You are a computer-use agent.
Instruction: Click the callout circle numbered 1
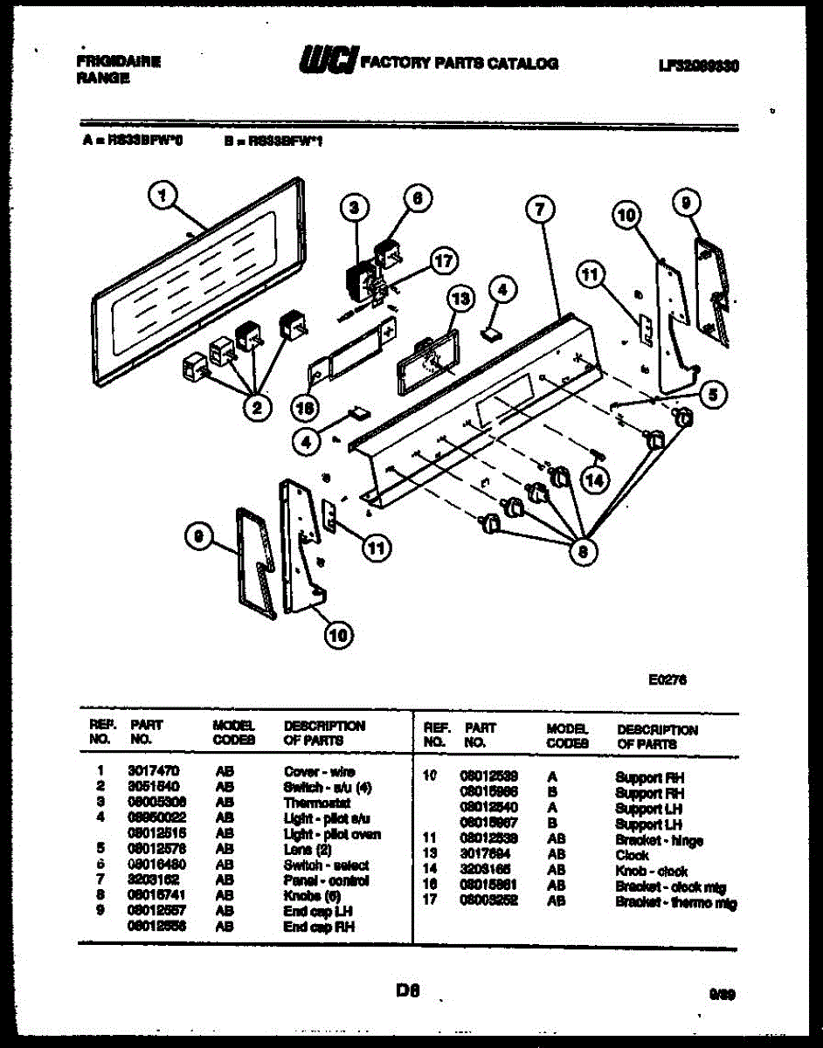coord(161,200)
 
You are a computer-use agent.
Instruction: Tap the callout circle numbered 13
coord(460,299)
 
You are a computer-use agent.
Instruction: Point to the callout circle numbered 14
coord(594,479)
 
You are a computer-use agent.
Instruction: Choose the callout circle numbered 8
coord(584,551)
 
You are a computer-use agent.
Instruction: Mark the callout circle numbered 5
coord(714,395)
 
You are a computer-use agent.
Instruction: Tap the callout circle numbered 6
coord(417,198)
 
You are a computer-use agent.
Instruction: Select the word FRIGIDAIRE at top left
coord(118,62)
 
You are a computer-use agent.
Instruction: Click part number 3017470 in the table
coord(154,772)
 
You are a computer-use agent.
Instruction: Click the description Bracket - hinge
coord(659,840)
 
